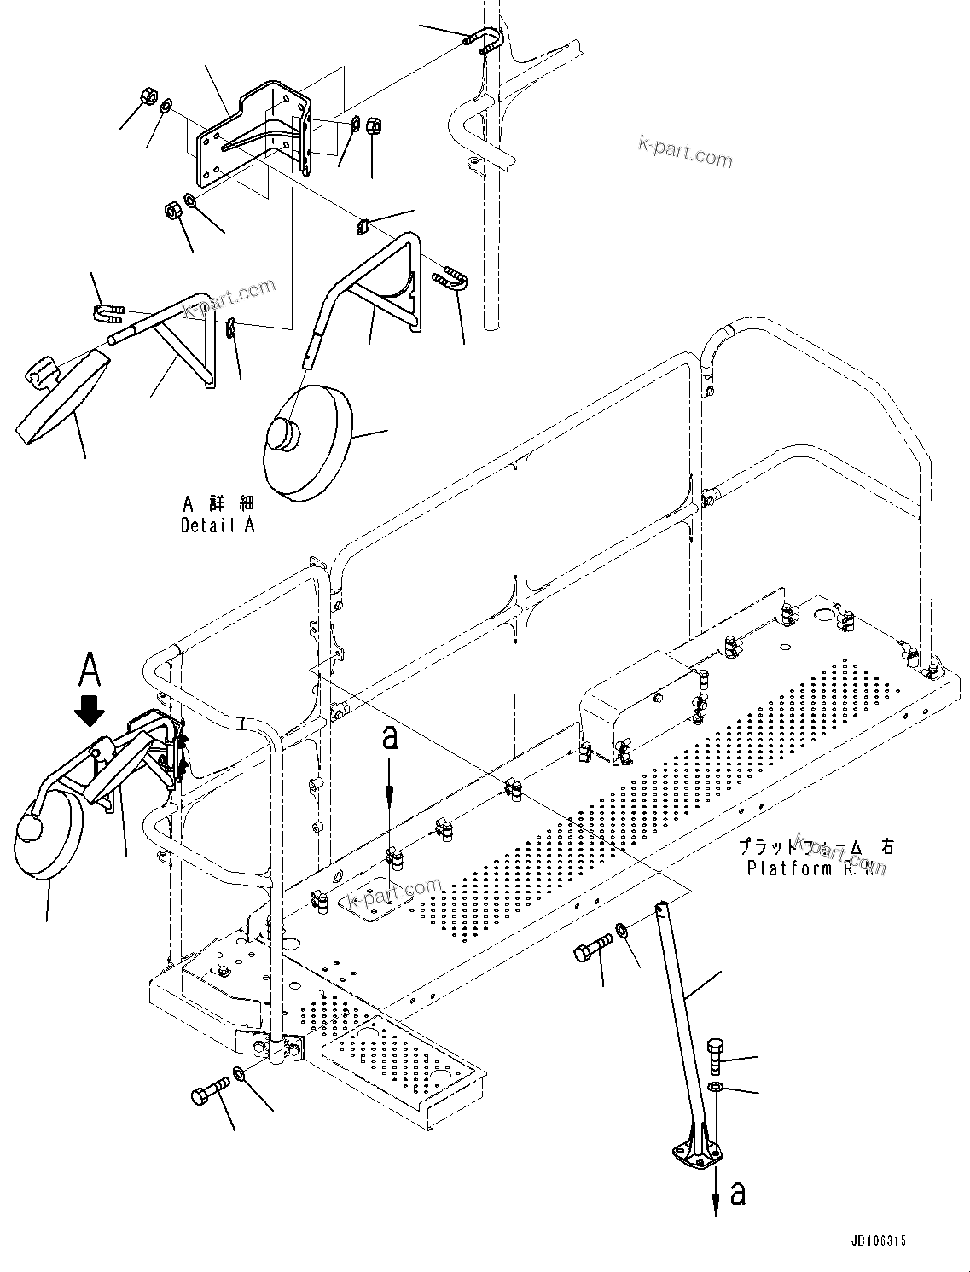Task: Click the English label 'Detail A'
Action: (x=218, y=526)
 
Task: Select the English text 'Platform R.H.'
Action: (x=816, y=868)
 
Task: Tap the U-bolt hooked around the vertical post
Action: (x=487, y=41)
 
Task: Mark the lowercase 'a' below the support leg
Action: (x=738, y=1193)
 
